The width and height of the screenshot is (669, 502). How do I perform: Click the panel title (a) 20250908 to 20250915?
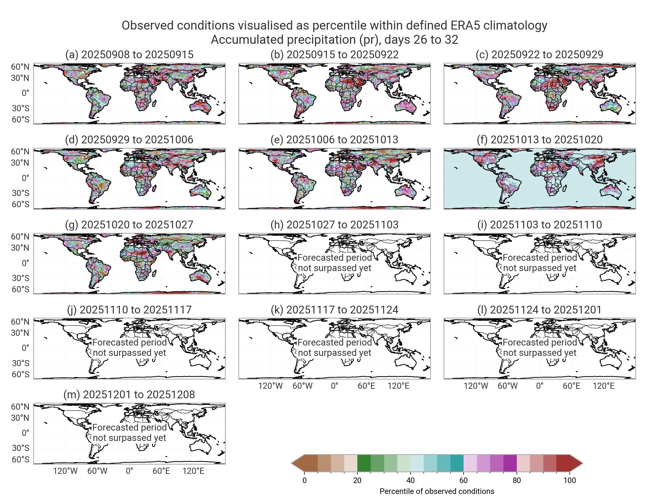point(129,54)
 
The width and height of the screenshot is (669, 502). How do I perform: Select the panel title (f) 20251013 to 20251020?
point(540,139)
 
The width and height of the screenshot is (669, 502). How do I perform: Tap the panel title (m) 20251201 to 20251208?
point(129,394)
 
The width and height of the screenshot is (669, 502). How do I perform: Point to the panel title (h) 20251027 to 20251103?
point(334,225)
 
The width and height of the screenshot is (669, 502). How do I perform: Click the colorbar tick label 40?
point(410,480)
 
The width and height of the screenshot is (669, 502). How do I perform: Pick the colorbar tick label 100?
point(569,480)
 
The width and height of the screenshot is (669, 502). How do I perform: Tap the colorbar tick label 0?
point(305,480)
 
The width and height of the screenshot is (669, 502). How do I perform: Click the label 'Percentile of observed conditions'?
point(437,491)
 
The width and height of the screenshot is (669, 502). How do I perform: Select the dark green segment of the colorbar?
point(364,463)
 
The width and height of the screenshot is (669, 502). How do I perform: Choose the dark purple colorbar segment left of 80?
point(510,463)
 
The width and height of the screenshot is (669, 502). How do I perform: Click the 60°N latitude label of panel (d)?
point(20,152)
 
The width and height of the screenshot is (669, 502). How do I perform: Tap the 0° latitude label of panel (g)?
point(25,263)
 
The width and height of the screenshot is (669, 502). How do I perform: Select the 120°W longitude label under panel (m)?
point(65,471)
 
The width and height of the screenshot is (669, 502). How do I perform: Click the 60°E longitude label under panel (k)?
point(366,386)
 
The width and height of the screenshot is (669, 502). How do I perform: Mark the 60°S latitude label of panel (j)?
point(20,374)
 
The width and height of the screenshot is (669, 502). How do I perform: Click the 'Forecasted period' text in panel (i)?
point(540,257)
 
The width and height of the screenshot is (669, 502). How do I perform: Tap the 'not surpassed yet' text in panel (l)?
point(540,353)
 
